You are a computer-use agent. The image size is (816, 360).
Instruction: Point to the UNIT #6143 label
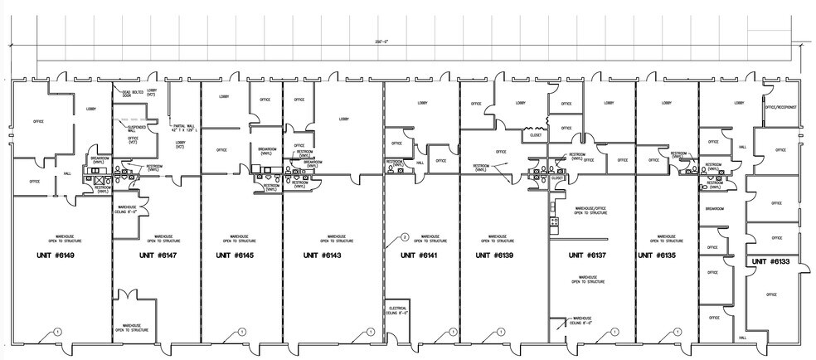(x=326, y=255)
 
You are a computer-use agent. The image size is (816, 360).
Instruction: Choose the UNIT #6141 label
(x=420, y=255)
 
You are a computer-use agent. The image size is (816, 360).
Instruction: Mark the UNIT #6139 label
(x=499, y=255)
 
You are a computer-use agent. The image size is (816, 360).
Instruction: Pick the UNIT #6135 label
(x=659, y=255)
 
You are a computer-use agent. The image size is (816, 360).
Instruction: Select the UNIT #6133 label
(x=770, y=262)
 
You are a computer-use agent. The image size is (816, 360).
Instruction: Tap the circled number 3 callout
(x=404, y=237)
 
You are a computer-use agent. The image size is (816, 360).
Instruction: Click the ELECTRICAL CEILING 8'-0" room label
(x=397, y=311)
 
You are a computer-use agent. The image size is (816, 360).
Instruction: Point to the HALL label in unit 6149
(x=67, y=173)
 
